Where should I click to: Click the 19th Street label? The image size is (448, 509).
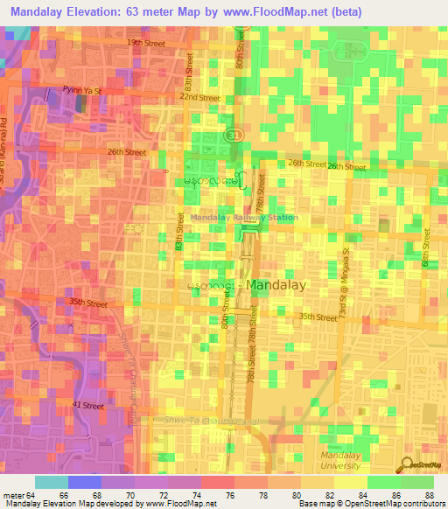click(x=145, y=42)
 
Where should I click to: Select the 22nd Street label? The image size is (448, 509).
click(x=200, y=98)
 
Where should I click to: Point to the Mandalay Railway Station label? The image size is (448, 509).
click(x=243, y=218)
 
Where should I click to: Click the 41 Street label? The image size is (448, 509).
click(x=88, y=406)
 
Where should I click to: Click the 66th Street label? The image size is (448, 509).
click(x=427, y=248)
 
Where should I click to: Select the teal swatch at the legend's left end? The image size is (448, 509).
click(x=51, y=482)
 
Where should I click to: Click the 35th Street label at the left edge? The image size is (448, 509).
click(x=87, y=304)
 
